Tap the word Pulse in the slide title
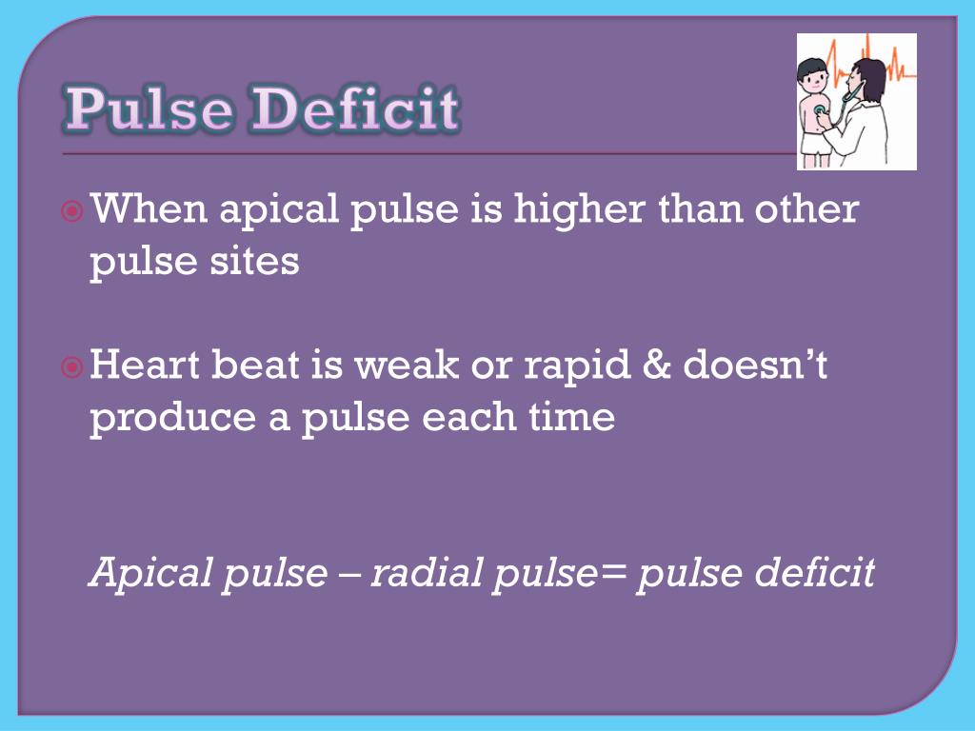pos(149,109)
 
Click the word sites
pos(258,261)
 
